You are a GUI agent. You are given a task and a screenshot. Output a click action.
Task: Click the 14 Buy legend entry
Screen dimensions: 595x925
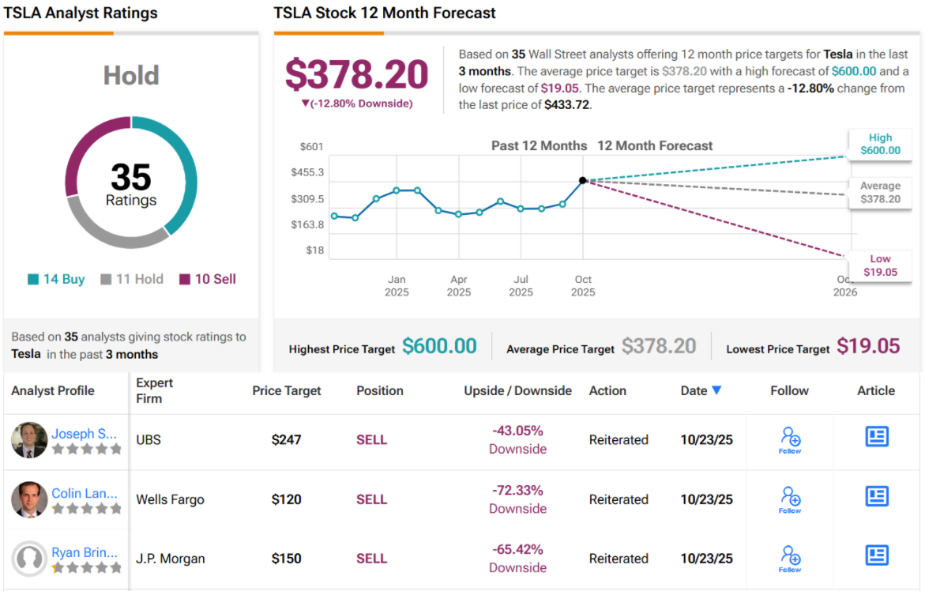pyautogui.click(x=56, y=279)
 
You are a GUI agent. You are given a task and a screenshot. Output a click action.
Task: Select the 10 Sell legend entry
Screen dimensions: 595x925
pyautogui.click(x=208, y=279)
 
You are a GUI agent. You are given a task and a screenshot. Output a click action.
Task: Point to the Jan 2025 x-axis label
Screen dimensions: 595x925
pyautogui.click(x=397, y=285)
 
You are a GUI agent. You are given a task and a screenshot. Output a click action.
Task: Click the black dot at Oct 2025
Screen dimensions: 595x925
pyautogui.click(x=583, y=181)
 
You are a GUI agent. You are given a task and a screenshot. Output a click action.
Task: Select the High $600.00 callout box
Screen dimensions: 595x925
pyautogui.click(x=879, y=144)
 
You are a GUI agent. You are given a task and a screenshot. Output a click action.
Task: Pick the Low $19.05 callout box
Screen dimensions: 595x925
pyautogui.click(x=879, y=265)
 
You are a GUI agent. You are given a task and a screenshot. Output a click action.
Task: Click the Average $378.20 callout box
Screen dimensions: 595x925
pyautogui.click(x=879, y=193)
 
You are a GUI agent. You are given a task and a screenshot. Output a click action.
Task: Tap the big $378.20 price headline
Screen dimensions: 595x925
pyautogui.click(x=356, y=73)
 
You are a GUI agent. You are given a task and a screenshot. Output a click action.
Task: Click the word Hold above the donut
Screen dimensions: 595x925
pyautogui.click(x=131, y=76)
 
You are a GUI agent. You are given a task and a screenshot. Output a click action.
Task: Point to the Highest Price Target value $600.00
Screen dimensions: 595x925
pyautogui.click(x=439, y=346)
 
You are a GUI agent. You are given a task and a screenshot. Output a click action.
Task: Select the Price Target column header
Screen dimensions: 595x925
pyautogui.click(x=287, y=390)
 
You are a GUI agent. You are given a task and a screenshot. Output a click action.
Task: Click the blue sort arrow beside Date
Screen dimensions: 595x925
pyautogui.click(x=716, y=390)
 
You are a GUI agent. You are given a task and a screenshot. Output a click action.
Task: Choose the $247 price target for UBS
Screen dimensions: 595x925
pyautogui.click(x=286, y=439)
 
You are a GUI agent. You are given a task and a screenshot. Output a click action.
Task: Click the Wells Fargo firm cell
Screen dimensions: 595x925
pyautogui.click(x=170, y=499)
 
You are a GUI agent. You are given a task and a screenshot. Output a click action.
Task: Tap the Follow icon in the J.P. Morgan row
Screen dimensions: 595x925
pyautogui.click(x=790, y=556)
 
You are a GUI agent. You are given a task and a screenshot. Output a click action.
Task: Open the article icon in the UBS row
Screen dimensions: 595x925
pyautogui.click(x=877, y=436)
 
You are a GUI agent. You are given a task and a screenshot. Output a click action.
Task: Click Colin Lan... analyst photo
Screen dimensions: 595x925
pyautogui.click(x=29, y=499)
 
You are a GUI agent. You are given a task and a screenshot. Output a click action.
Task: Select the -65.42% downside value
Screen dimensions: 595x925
pyautogui.click(x=517, y=550)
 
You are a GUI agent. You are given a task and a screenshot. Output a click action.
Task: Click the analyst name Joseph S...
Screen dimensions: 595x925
pyautogui.click(x=85, y=433)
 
